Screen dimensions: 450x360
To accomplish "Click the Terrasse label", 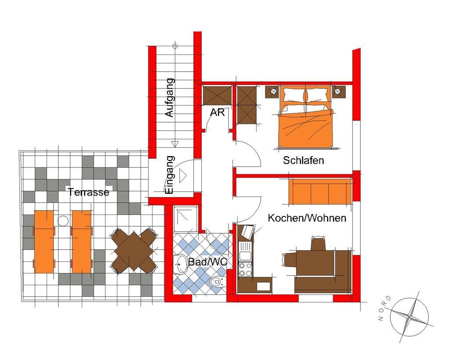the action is pos(88,192).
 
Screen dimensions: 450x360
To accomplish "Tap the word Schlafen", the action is pos(303,160).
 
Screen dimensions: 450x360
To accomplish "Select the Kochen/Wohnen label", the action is pos(307,218).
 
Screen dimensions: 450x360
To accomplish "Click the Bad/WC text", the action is pos(207,262).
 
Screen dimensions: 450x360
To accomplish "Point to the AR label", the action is pos(217,112).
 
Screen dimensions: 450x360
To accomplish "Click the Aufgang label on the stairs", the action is pos(170,98).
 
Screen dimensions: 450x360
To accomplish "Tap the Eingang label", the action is pos(170,175).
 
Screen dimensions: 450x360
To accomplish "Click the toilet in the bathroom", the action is pos(217,281).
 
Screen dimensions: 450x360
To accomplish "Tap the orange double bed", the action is pos(306,116).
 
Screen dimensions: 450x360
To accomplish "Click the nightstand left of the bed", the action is pos(272,92).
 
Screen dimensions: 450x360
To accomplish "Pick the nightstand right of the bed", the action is pos(339,92).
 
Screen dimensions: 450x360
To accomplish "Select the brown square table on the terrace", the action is pos(134,251).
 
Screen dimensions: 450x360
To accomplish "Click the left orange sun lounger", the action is pos(44,242).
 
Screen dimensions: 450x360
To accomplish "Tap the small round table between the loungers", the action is pos(63,221).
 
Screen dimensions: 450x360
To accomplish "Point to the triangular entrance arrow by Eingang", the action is pos(183,175).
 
